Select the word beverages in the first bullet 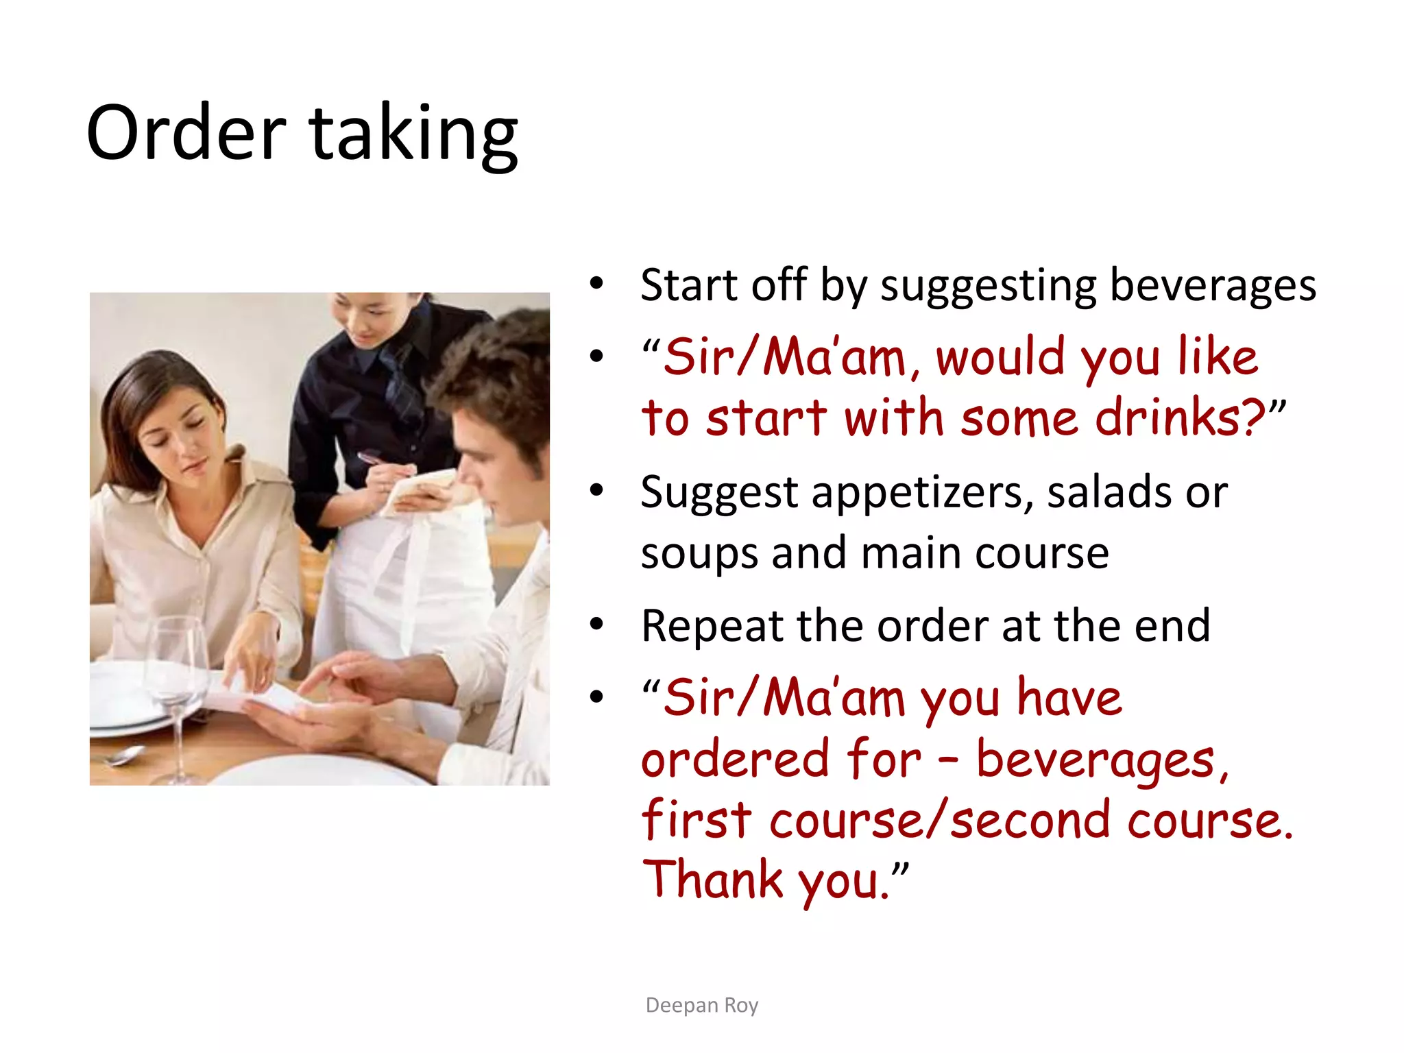(1213, 285)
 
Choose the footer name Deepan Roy (702, 1005)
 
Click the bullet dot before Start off (596, 284)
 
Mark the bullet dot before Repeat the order (596, 625)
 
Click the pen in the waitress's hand (374, 459)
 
